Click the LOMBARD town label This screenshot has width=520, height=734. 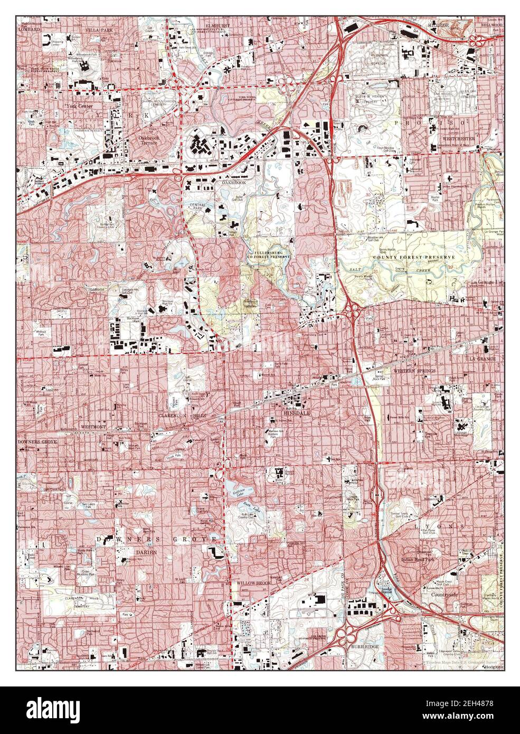pos(30,30)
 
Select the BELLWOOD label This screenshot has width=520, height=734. pos(491,25)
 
